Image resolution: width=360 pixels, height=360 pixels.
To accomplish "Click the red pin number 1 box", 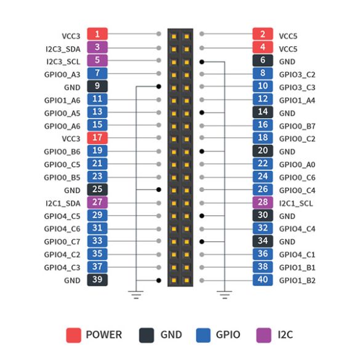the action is (x=97, y=34).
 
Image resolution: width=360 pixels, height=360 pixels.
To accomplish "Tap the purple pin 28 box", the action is (x=263, y=202).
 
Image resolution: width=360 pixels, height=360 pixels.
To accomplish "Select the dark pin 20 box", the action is (x=263, y=151).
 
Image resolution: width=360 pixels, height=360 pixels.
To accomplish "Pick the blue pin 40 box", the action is (x=263, y=280).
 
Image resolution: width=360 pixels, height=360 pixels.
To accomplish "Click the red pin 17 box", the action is (x=97, y=138).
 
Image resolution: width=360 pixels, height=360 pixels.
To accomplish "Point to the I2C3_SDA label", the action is (x=63, y=49).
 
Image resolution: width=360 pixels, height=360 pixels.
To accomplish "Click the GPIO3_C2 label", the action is (x=297, y=74).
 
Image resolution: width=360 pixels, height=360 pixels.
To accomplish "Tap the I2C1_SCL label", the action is (x=296, y=204).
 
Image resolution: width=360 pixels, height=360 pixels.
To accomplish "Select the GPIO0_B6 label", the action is (x=62, y=152).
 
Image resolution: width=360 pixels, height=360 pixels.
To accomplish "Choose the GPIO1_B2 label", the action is (x=297, y=281).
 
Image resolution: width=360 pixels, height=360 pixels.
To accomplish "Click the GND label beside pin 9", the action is (x=72, y=87).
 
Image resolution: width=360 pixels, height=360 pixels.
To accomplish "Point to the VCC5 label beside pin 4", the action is (x=288, y=49).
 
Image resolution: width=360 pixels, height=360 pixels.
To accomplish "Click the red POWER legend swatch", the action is (x=73, y=335).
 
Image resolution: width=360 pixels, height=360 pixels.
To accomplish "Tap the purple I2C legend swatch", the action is (x=263, y=335).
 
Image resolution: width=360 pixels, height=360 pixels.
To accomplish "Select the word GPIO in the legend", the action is (x=228, y=335).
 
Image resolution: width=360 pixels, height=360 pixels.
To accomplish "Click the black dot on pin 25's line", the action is (x=159, y=190).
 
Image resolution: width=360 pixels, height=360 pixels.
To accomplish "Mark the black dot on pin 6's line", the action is (x=202, y=62).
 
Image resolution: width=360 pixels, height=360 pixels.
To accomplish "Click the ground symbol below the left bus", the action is (x=136, y=295).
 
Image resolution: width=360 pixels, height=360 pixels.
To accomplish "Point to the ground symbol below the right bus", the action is (x=225, y=295).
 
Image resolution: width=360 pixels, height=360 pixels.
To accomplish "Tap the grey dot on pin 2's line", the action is (x=202, y=34).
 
